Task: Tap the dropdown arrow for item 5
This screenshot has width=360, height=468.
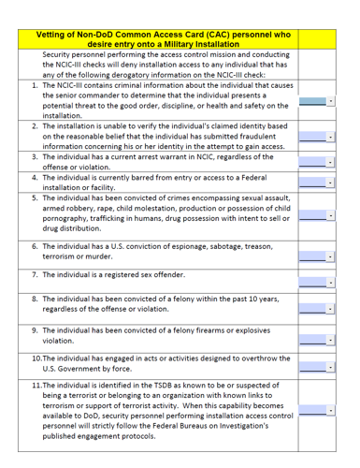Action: pos(331,215)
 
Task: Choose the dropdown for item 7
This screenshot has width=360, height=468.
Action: pos(331,280)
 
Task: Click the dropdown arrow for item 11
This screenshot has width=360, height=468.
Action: pos(331,410)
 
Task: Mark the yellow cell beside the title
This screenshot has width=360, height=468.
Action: pos(315,39)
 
